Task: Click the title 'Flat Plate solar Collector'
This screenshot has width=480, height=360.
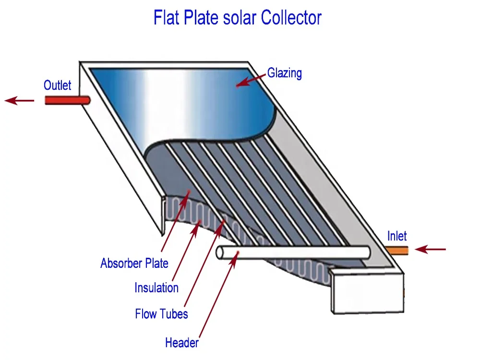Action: [x=237, y=18]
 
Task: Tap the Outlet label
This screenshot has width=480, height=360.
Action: [x=57, y=85]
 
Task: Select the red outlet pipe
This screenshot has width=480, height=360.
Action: [x=67, y=100]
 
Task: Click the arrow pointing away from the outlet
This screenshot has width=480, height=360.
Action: [x=19, y=101]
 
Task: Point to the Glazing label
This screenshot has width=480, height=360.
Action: [x=285, y=73]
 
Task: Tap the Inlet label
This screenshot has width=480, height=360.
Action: [x=397, y=236]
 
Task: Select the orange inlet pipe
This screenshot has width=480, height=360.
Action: [x=397, y=250]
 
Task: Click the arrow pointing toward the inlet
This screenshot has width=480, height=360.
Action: [x=431, y=250]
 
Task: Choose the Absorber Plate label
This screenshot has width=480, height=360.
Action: [x=134, y=263]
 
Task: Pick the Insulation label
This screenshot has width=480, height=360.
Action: [x=156, y=288]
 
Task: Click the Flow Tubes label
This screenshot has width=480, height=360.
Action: [x=161, y=314]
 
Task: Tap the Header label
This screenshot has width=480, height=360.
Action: [x=182, y=343]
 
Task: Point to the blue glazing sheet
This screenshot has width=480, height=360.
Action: [x=182, y=101]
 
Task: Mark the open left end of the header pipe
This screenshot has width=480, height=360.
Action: [x=221, y=253]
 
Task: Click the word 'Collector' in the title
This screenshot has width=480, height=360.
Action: [x=291, y=18]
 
